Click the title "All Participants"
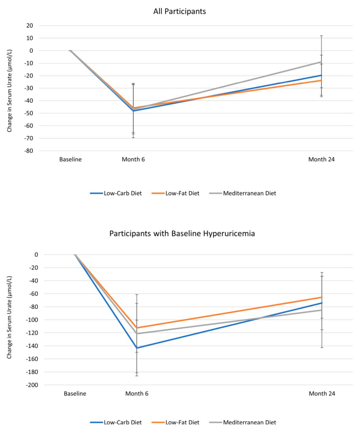(179, 11)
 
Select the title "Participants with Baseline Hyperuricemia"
(182, 234)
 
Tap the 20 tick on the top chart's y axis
(30, 25)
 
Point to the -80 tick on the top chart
(29, 151)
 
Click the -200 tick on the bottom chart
(32, 385)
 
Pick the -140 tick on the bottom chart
(32, 346)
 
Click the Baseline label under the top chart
(70, 159)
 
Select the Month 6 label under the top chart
(133, 159)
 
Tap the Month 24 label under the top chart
(322, 159)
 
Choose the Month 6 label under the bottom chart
(137, 394)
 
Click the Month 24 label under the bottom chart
(322, 394)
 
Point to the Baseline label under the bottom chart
(75, 394)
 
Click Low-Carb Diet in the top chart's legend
(123, 193)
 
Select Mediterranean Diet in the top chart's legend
(250, 193)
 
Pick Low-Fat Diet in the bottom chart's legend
(182, 423)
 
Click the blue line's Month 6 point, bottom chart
(137, 348)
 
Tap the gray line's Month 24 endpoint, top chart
(322, 62)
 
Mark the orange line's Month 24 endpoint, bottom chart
(322, 297)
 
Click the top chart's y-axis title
(10, 91)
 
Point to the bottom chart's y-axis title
(10, 317)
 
